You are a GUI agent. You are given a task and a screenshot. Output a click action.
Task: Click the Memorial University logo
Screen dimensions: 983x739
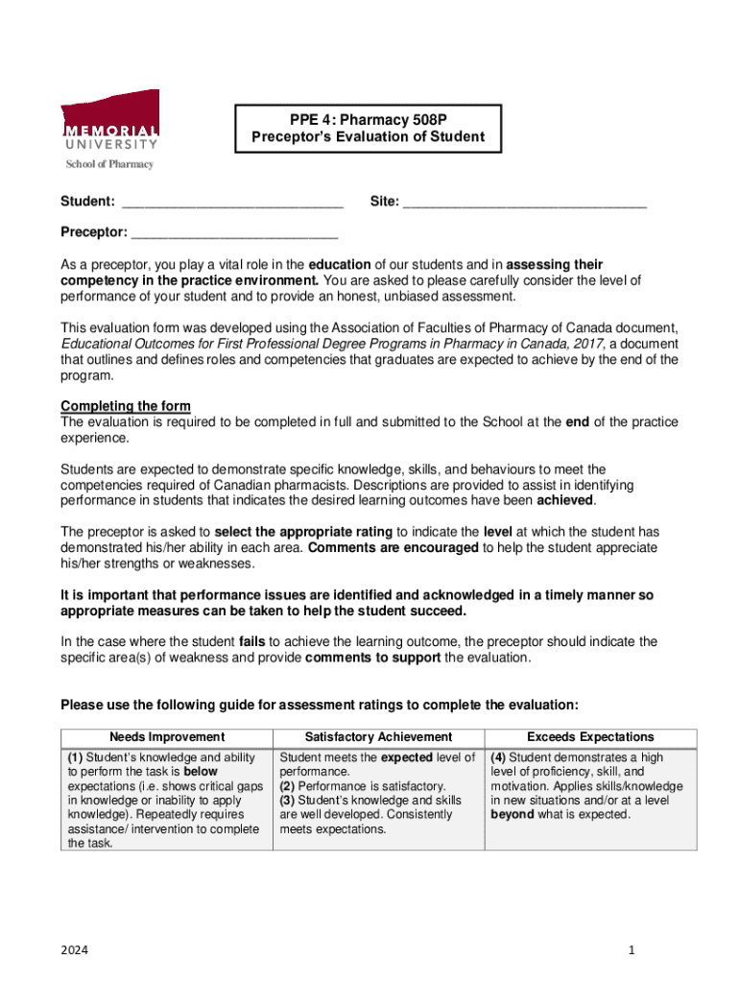tap(110, 121)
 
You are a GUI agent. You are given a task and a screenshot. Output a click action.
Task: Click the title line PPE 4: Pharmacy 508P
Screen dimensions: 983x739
tap(369, 120)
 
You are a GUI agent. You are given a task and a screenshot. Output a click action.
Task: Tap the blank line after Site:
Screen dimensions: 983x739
tap(524, 203)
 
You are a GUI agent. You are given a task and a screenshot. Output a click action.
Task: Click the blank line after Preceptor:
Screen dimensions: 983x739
tap(234, 233)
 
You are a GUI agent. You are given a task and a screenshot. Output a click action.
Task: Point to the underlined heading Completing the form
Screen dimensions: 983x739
tap(126, 406)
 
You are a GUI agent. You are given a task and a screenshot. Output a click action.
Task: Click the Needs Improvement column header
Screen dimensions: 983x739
tap(167, 737)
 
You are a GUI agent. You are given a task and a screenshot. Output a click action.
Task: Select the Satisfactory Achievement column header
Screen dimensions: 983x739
tap(378, 737)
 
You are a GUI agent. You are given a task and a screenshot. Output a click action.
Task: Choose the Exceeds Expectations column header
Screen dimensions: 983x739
tap(590, 737)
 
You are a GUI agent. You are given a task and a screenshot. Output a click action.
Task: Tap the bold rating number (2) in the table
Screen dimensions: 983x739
tap(287, 786)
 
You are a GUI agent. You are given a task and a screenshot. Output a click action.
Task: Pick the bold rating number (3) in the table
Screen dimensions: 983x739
tap(287, 801)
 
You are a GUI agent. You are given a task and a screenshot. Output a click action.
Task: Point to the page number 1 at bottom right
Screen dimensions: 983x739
tap(632, 949)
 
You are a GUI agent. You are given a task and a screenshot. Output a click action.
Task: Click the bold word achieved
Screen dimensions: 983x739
tap(565, 500)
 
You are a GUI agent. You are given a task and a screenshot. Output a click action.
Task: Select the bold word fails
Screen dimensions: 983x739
tap(251, 641)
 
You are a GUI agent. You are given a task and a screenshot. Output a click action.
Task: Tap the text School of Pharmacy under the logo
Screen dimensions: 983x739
tap(108, 164)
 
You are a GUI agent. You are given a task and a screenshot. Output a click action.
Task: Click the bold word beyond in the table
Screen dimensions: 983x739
tap(513, 815)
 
